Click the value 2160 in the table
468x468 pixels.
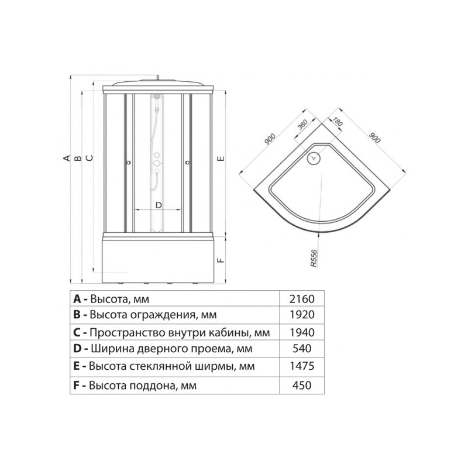click(x=302, y=299)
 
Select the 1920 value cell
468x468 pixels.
click(x=302, y=315)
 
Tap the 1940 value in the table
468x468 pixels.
click(x=302, y=332)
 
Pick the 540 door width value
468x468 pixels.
click(x=302, y=348)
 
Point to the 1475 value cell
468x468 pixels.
click(x=302, y=366)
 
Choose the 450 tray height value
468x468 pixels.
click(x=302, y=386)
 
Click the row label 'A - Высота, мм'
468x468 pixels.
click(x=111, y=299)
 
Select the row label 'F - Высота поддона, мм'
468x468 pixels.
click(x=135, y=386)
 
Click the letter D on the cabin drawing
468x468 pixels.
click(x=159, y=205)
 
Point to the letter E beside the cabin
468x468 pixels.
click(x=221, y=159)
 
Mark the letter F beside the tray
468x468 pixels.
click(x=221, y=260)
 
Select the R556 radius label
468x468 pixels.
click(x=314, y=258)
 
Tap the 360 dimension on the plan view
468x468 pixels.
click(x=302, y=126)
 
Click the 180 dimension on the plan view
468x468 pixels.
click(x=337, y=122)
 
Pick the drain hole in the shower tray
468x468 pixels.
click(x=314, y=157)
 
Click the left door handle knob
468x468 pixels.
click(x=129, y=163)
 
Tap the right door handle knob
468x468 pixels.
click(x=187, y=163)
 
